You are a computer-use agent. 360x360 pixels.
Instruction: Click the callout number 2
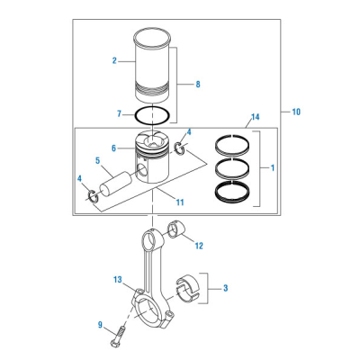114,60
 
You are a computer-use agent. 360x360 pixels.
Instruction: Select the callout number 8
198,85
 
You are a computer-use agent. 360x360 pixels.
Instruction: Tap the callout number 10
296,112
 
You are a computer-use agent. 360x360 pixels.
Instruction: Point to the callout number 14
256,117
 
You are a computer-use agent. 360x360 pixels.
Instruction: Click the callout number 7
119,114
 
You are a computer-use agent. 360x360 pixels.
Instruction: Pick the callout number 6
113,148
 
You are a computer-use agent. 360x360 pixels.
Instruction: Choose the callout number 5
98,161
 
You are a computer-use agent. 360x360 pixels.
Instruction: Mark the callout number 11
180,202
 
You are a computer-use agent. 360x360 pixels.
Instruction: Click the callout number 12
199,246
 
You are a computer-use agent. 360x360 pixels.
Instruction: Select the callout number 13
118,280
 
